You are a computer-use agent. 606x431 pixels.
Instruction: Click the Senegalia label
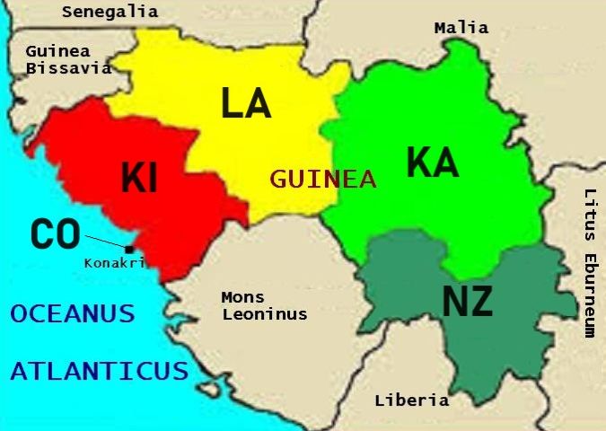click(110, 12)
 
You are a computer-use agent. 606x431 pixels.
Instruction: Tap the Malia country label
click(461, 28)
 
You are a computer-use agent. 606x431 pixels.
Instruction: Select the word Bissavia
click(68, 67)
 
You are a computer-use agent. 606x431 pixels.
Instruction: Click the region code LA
click(246, 103)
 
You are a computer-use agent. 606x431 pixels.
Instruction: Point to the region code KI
click(139, 179)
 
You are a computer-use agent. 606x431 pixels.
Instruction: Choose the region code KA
click(432, 163)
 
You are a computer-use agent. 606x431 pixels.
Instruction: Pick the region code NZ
click(468, 303)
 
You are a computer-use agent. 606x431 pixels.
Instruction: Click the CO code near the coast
click(56, 235)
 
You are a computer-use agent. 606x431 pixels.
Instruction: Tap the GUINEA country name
click(323, 179)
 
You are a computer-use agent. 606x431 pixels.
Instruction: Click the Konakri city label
click(114, 263)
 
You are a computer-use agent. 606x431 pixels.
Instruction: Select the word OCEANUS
click(73, 314)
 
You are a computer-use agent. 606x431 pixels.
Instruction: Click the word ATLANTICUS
click(100, 371)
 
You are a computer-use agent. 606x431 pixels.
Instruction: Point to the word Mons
click(243, 297)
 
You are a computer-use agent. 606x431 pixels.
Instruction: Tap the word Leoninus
click(265, 314)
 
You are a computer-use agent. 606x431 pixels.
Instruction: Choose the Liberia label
click(411, 400)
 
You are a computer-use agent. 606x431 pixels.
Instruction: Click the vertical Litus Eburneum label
click(589, 262)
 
